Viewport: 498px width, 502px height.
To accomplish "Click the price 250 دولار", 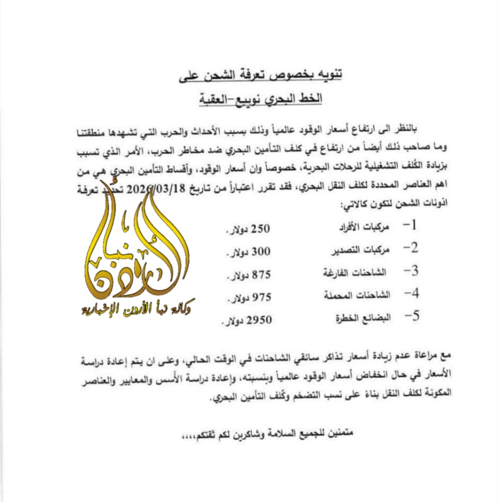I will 247,229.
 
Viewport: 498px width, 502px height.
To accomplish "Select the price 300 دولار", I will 247,252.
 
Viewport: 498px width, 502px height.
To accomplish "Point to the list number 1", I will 412,226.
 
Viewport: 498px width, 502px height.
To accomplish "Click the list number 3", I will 412,271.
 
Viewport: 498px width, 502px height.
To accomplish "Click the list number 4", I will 412,294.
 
